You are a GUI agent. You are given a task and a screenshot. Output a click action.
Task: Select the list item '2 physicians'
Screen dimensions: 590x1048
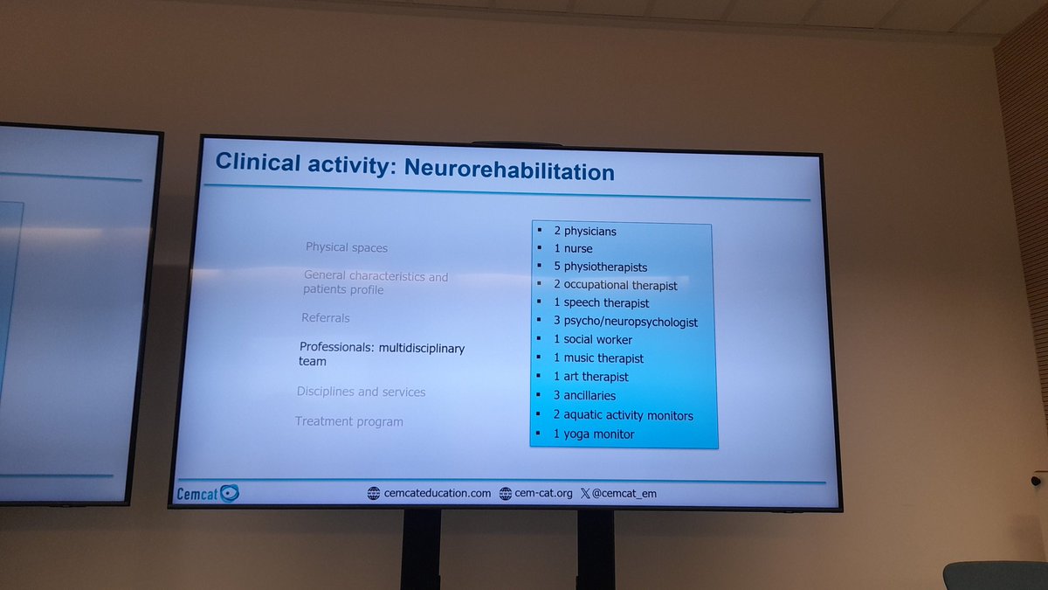(584, 232)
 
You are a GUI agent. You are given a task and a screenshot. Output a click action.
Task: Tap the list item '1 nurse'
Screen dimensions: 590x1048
(573, 249)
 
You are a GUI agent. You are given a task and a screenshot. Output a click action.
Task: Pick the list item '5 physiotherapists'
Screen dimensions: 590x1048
(600, 267)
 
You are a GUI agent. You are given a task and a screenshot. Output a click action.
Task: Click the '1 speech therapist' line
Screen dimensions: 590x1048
(601, 303)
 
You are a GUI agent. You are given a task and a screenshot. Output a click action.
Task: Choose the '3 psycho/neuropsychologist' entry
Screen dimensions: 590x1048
(625, 322)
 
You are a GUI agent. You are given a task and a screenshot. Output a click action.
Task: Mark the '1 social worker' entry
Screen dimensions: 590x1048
(592, 340)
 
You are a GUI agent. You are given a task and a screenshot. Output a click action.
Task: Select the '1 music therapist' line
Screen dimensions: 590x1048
(598, 358)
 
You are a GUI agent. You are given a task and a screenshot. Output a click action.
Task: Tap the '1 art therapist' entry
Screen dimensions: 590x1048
(590, 377)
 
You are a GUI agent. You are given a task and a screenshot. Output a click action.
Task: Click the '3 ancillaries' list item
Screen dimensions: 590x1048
(584, 396)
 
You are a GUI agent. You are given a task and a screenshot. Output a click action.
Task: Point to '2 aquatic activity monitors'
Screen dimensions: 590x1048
(623, 415)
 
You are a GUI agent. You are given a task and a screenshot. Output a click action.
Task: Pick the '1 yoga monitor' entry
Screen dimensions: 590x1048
(593, 434)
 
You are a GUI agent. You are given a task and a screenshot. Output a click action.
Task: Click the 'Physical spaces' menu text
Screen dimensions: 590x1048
(346, 247)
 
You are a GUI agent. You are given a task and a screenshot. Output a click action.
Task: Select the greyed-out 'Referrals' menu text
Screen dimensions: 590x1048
(325, 318)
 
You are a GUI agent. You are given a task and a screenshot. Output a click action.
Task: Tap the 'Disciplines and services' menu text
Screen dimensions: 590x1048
(361, 392)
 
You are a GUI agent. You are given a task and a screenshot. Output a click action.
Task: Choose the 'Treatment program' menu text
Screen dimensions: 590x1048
(348, 421)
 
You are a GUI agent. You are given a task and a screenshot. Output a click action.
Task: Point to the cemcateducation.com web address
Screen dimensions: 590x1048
(437, 493)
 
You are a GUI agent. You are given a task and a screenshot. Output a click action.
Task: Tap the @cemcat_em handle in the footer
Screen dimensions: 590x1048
(629, 493)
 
